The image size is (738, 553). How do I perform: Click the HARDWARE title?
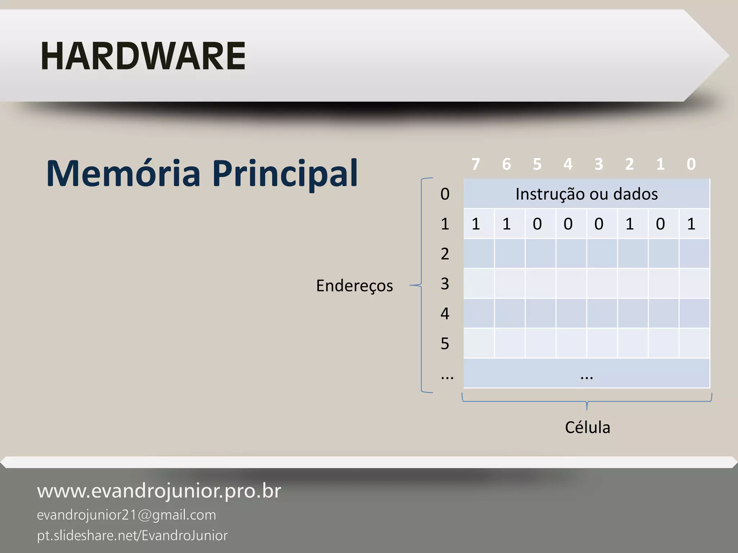click(x=143, y=56)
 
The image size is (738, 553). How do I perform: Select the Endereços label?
click(x=354, y=286)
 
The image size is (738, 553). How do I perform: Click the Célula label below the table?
click(x=587, y=428)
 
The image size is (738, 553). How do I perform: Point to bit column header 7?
click(x=476, y=164)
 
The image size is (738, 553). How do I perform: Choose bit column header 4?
click(x=568, y=164)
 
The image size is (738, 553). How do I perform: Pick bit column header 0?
click(x=691, y=164)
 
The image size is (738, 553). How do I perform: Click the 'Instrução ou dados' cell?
click(x=586, y=194)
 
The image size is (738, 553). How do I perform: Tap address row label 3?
click(x=445, y=284)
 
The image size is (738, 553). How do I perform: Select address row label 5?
click(x=445, y=343)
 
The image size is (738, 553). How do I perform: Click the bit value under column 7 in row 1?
click(x=476, y=224)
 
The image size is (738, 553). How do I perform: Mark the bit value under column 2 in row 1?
click(x=630, y=224)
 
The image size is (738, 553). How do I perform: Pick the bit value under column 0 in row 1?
click(x=691, y=224)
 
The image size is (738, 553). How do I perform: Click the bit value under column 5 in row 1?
click(x=537, y=224)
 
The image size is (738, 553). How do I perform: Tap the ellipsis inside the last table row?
click(x=587, y=377)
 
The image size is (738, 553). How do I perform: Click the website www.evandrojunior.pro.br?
click(x=159, y=491)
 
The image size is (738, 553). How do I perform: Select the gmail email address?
click(x=126, y=515)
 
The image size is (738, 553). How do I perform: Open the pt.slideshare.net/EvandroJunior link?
click(x=132, y=536)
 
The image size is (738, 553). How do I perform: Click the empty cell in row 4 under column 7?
click(x=479, y=313)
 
